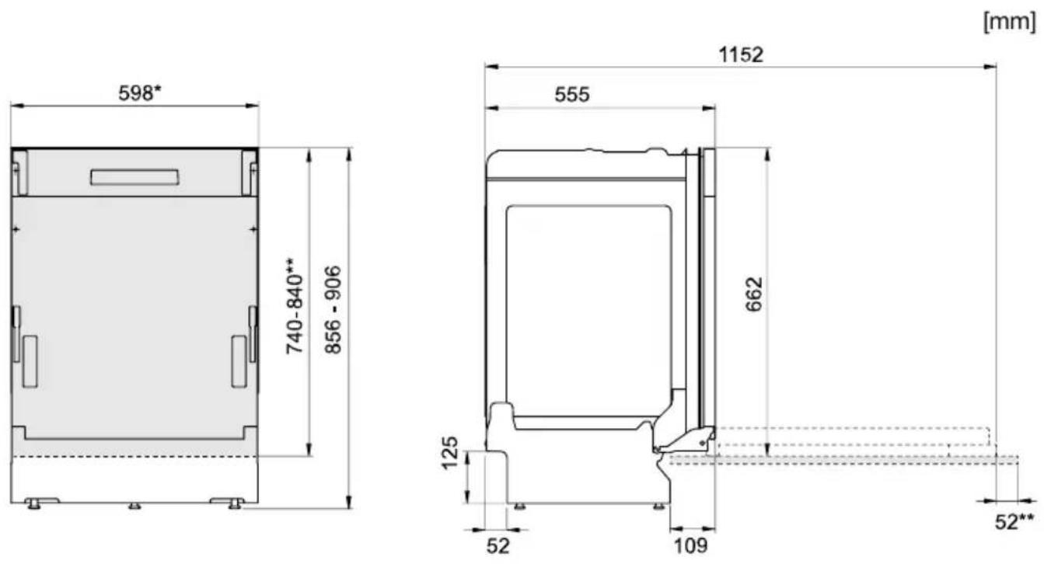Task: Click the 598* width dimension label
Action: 139,92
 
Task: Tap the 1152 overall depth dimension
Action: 741,54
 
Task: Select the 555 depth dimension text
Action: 572,95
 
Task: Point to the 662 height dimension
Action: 753,294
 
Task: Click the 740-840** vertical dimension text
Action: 295,306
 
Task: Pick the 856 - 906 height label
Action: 333,310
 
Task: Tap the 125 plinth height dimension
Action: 450,453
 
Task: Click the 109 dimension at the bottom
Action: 691,545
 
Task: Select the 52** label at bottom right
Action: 1014,521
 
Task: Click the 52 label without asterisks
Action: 498,546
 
